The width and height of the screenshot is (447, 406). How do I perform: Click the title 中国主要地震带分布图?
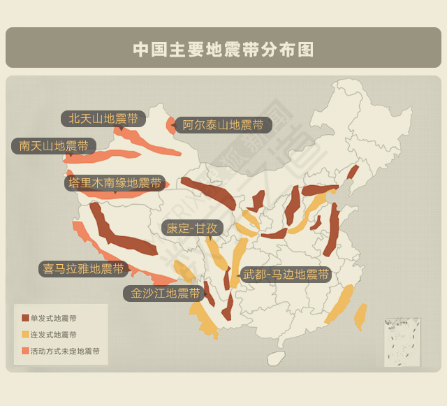point(223,49)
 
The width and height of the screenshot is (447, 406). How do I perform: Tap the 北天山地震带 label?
point(103,118)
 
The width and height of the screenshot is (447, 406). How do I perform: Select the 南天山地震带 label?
point(53,146)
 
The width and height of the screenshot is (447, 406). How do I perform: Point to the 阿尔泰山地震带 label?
point(223,125)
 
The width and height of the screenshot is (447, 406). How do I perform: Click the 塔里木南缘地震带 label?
point(115,183)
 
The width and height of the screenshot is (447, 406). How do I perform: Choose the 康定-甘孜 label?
point(192,229)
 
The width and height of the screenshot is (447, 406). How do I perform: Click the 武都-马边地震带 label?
point(286,275)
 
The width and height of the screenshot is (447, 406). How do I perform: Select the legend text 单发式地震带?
point(54,318)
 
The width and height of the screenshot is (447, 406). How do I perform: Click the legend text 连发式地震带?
point(54,335)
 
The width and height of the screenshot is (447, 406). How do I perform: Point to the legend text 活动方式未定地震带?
point(65,351)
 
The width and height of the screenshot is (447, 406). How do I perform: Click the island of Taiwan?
point(360,317)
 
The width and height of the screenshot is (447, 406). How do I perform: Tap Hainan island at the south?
point(277,358)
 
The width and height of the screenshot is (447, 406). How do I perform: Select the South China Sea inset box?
point(402,342)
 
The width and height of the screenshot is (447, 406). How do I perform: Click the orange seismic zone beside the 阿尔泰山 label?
point(170,126)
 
